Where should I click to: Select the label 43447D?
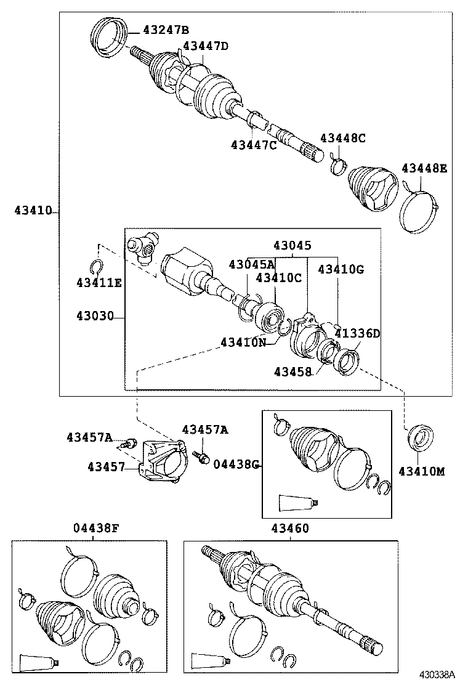tap(206, 46)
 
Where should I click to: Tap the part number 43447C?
tap(254, 145)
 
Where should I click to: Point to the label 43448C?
tap(342, 138)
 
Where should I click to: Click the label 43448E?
tap(424, 168)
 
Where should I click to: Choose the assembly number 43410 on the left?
tap(33, 211)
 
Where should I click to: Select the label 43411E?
tap(99, 282)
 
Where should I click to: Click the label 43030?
tap(95, 317)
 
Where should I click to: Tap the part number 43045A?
tap(251, 264)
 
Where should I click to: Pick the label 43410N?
tap(244, 342)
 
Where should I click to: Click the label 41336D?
tap(357, 333)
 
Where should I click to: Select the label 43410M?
tap(421, 471)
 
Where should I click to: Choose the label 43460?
tap(289, 528)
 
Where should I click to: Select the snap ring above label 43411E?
tap(95, 266)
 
